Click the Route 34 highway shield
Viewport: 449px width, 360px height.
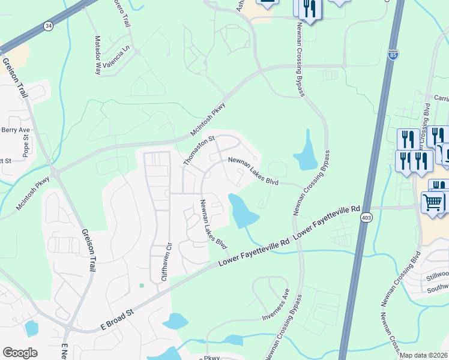tap(48, 26)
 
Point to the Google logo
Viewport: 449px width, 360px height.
tap(20, 353)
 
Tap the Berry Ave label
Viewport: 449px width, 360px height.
tap(16, 130)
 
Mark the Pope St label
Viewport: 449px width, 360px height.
tap(26, 146)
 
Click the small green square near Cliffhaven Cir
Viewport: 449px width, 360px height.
tap(141, 286)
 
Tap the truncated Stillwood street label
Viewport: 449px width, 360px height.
tap(436, 275)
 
